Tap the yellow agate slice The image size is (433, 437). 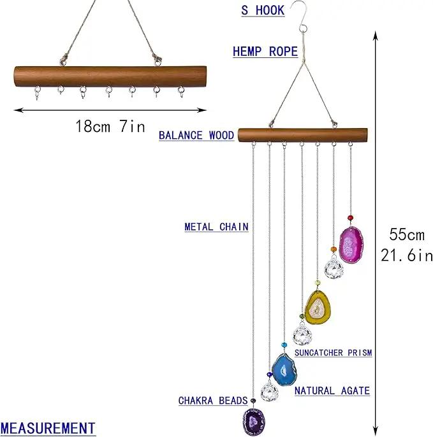[x=318, y=308]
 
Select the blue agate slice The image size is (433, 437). [x=284, y=370]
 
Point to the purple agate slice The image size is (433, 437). [x=253, y=421]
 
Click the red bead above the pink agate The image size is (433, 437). [x=351, y=218]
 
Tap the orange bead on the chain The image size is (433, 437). [x=334, y=250]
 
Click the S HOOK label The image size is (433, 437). [x=263, y=10]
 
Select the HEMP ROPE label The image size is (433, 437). [x=265, y=52]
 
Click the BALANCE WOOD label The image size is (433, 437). [x=196, y=136]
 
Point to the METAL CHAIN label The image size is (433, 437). [x=217, y=227]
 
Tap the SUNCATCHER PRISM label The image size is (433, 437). [x=334, y=353]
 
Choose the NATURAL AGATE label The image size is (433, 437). [x=332, y=390]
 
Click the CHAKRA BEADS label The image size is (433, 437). [x=213, y=401]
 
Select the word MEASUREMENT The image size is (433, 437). [x=48, y=428]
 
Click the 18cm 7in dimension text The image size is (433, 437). [x=110, y=126]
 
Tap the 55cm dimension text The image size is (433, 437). [x=407, y=234]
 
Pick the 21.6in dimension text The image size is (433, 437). [x=407, y=255]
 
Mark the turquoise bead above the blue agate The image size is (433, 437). [x=284, y=345]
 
